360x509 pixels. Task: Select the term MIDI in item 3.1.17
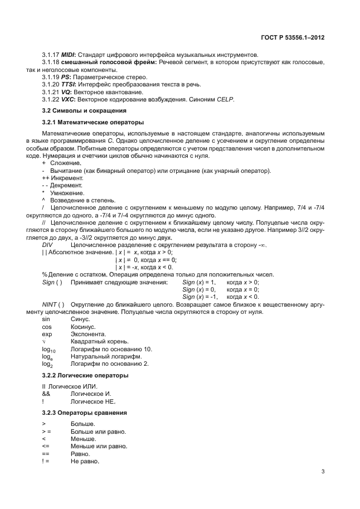69,55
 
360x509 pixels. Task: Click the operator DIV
48,245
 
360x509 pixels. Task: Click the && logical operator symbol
46,393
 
